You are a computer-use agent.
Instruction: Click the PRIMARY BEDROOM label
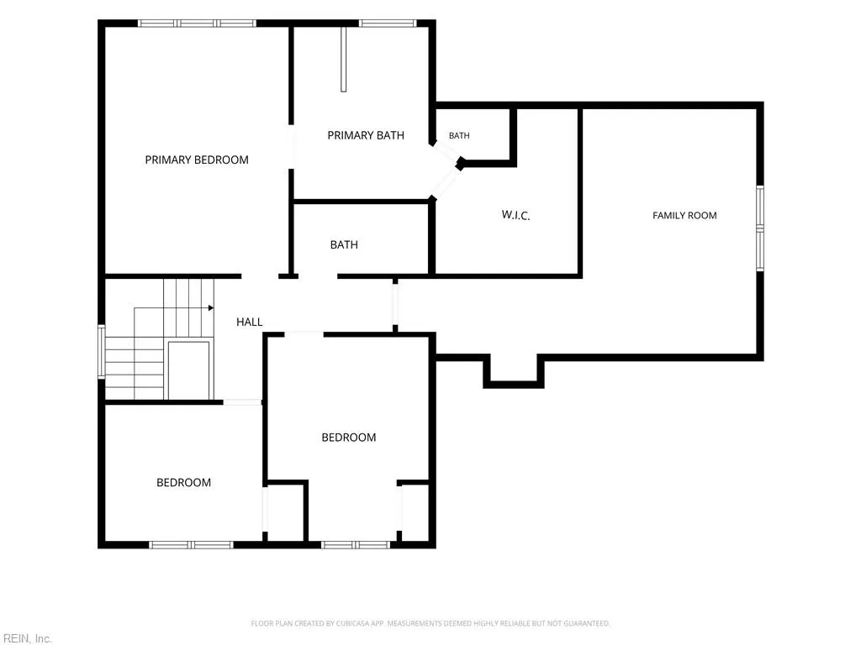pos(197,160)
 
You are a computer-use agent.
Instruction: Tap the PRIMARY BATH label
pos(366,135)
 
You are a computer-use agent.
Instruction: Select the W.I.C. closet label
pos(515,215)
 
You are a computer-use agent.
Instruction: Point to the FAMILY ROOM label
pos(684,216)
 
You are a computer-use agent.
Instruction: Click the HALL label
pos(249,322)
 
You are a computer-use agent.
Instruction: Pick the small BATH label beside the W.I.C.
pos(459,135)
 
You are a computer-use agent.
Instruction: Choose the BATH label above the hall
pos(344,244)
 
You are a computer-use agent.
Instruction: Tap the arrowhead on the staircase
pos(211,307)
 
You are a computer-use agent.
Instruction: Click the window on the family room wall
pos(760,228)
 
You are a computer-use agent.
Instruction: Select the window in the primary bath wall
pos(388,23)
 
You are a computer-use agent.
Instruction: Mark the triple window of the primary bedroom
pos(197,23)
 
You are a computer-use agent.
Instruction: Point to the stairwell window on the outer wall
pos(102,352)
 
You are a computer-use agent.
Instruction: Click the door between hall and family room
pos(395,305)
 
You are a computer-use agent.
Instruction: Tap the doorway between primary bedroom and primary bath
pos(291,147)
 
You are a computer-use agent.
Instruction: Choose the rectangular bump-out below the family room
pos(514,370)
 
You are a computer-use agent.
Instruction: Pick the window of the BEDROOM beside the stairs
pos(191,544)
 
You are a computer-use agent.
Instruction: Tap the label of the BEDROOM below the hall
pos(349,437)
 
